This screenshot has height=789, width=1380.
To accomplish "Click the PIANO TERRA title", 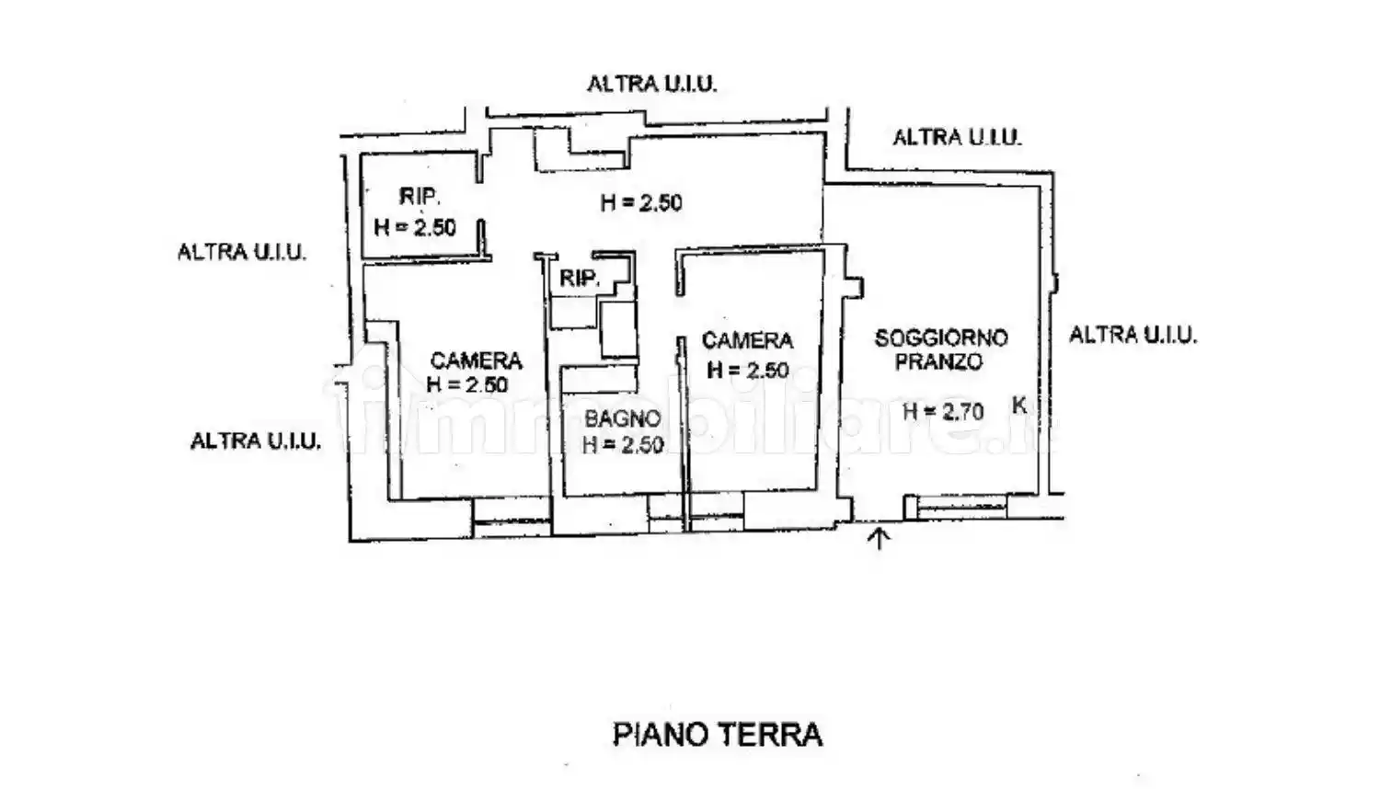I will pyautogui.click(x=717, y=735).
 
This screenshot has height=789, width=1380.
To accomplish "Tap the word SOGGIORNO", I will pyautogui.click(x=940, y=337).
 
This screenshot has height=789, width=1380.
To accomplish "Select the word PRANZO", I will pyautogui.click(x=938, y=362).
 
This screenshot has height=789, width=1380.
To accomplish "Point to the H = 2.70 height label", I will pyautogui.click(x=942, y=411).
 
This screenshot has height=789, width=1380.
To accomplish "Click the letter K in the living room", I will pyautogui.click(x=1018, y=405).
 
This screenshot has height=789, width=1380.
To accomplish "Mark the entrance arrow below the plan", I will pyautogui.click(x=879, y=538).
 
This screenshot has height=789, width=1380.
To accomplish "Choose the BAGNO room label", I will pyautogui.click(x=622, y=419).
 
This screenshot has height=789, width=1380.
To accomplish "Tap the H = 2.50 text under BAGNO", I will pyautogui.click(x=622, y=445).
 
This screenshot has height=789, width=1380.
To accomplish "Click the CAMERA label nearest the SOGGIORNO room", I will pyautogui.click(x=747, y=341).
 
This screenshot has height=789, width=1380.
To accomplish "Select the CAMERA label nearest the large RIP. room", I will pyautogui.click(x=476, y=360).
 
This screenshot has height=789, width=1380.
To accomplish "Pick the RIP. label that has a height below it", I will pyautogui.click(x=419, y=196).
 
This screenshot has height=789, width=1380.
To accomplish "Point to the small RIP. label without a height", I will pyautogui.click(x=579, y=279).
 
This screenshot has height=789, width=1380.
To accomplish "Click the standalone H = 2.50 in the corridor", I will pyautogui.click(x=641, y=203).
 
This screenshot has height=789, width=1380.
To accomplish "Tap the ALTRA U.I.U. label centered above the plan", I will pyautogui.click(x=651, y=85).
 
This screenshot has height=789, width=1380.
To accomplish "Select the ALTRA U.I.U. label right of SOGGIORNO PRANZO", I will pyautogui.click(x=1132, y=335).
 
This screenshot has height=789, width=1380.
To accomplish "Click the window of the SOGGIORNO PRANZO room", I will pyautogui.click(x=956, y=506).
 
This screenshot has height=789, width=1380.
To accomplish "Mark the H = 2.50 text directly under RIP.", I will pyautogui.click(x=415, y=227).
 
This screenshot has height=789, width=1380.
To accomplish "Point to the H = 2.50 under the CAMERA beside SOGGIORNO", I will pyautogui.click(x=747, y=370).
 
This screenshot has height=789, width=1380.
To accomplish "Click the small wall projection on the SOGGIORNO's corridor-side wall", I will pyautogui.click(x=856, y=287).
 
